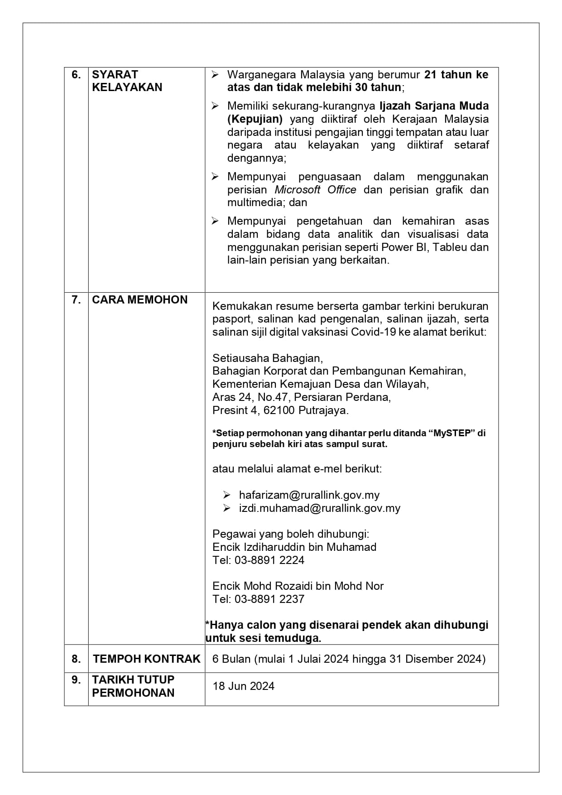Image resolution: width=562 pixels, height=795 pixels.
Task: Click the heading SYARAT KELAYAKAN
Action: pyautogui.click(x=127, y=81)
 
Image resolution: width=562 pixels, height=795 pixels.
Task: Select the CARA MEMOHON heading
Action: pyautogui.click(x=139, y=300)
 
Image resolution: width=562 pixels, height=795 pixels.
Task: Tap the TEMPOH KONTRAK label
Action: pyautogui.click(x=146, y=659)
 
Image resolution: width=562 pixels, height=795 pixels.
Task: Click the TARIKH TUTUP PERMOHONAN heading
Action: pyautogui.click(x=133, y=686)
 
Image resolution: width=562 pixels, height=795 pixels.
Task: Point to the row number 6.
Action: pyautogui.click(x=76, y=75)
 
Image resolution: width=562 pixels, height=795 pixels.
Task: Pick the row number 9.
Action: pyautogui.click(x=76, y=680)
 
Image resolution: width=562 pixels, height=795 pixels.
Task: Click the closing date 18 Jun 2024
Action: pyautogui.click(x=244, y=686)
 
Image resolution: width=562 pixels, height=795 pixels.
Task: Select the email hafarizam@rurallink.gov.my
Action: pyautogui.click(x=309, y=495)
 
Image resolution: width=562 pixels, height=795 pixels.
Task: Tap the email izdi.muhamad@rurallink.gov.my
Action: pyautogui.click(x=319, y=508)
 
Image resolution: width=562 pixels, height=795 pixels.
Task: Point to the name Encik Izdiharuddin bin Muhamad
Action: pyautogui.click(x=294, y=547)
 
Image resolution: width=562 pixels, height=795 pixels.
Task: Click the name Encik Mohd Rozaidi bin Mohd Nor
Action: pyautogui.click(x=298, y=586)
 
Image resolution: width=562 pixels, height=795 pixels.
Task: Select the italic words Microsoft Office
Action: pyautogui.click(x=315, y=190)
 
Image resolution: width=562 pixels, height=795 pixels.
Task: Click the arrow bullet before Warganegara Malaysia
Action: pyautogui.click(x=215, y=75)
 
